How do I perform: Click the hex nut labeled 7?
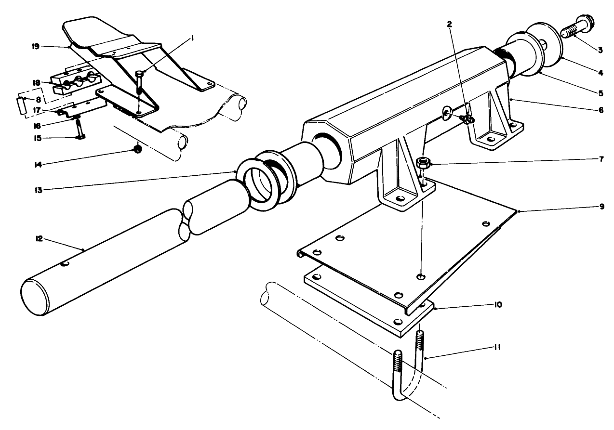pyautogui.click(x=423, y=162)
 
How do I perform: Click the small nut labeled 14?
pyautogui.click(x=137, y=150)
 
